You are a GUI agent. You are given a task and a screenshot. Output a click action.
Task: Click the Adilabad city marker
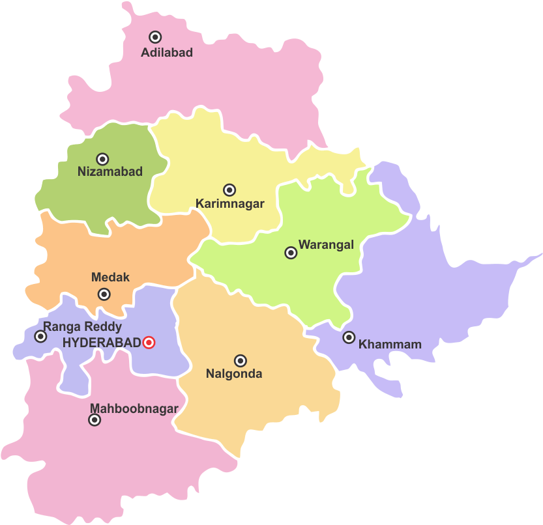(x=155, y=37)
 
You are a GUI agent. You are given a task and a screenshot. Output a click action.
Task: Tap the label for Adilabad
(x=167, y=53)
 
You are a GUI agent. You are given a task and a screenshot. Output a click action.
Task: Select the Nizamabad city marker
(x=102, y=159)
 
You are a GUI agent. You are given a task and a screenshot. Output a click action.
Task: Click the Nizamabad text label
(x=110, y=172)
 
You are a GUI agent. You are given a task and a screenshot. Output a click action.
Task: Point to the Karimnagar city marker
(x=229, y=190)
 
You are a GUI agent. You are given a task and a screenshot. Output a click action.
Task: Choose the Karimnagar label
(x=230, y=204)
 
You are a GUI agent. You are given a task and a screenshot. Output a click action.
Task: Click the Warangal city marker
(x=291, y=253)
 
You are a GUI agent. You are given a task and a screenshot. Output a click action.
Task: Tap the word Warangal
(x=326, y=245)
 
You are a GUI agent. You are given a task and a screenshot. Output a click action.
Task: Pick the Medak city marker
(x=104, y=294)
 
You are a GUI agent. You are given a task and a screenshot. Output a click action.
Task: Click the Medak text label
(x=110, y=277)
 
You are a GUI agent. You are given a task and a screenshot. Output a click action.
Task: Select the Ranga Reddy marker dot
(x=40, y=336)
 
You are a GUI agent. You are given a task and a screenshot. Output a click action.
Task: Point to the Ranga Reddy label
(x=82, y=327)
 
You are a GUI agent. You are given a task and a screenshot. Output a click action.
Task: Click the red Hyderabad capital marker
(x=149, y=342)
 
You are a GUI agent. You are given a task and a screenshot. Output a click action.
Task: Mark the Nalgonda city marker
(x=241, y=360)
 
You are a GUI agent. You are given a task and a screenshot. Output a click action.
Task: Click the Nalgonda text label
(x=234, y=374)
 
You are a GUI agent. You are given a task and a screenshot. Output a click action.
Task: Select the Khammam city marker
(x=349, y=337)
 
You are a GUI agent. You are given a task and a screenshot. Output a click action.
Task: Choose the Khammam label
(x=390, y=345)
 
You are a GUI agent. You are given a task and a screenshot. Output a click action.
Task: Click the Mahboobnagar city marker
(x=95, y=420)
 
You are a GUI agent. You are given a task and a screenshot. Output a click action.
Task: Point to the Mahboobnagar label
(x=134, y=408)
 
